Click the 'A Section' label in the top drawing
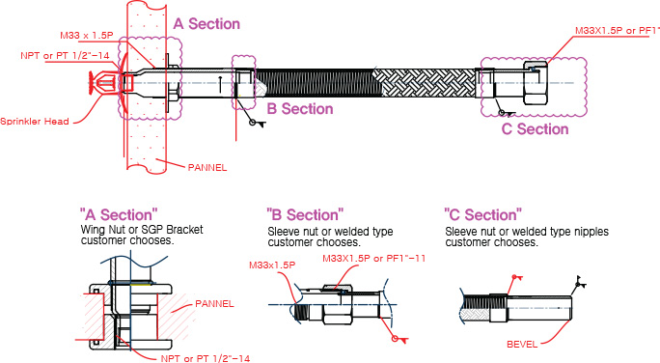click(206, 23)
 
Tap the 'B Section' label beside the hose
click(300, 109)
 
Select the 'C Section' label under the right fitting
click(535, 128)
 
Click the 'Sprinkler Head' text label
click(35, 122)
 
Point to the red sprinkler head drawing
click(105, 81)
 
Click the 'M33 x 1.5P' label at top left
click(87, 36)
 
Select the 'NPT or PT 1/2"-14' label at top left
click(65, 56)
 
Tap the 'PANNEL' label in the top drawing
click(207, 168)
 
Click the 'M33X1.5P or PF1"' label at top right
click(618, 31)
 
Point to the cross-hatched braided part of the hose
click(426, 82)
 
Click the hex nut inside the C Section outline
click(536, 82)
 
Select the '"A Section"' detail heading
click(119, 214)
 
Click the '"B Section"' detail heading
click(305, 214)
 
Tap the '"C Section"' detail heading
click(482, 214)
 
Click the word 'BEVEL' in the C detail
click(522, 344)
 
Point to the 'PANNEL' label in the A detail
click(214, 303)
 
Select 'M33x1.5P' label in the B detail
click(272, 265)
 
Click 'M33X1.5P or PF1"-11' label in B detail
click(373, 258)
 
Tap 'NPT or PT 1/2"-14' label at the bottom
click(205, 358)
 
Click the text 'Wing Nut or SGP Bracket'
click(142, 230)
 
